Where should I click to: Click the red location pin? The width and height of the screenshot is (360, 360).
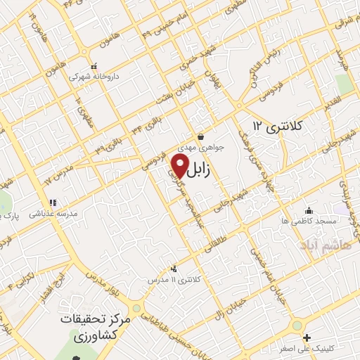click(179, 167)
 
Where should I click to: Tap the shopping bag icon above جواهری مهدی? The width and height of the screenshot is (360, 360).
click(201, 138)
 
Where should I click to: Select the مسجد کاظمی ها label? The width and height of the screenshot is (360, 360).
click(307, 221)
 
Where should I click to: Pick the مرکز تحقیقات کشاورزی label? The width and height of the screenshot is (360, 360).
click(91, 327)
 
